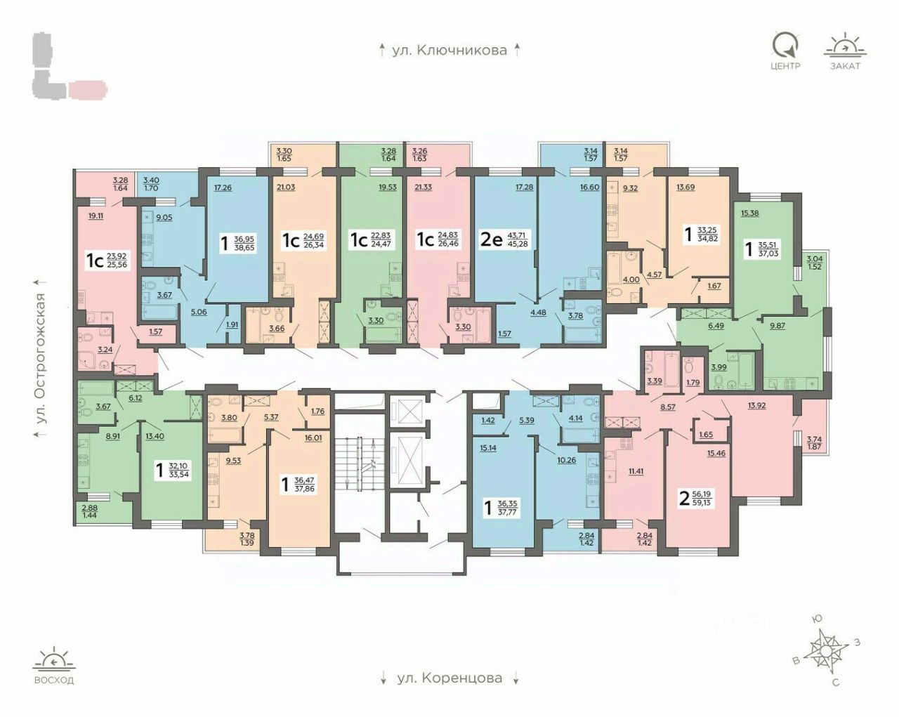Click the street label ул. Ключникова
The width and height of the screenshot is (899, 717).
click(449, 50)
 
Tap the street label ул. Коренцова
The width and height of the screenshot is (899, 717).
click(449, 678)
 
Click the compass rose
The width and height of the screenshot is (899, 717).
click(827, 647)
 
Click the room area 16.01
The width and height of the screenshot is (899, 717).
click(313, 437)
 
